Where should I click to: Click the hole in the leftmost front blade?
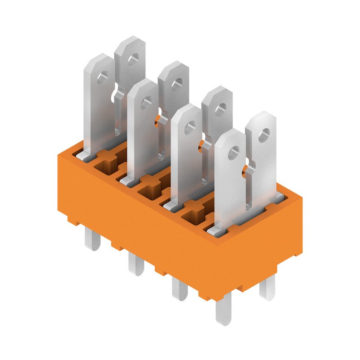[x=102, y=77]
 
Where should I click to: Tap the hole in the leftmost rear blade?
[x=132, y=59]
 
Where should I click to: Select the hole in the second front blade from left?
[x=145, y=103]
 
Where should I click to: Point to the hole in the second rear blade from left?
[x=176, y=83]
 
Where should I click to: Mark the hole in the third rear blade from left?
[x=220, y=108]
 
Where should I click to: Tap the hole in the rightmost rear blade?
[x=264, y=133]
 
